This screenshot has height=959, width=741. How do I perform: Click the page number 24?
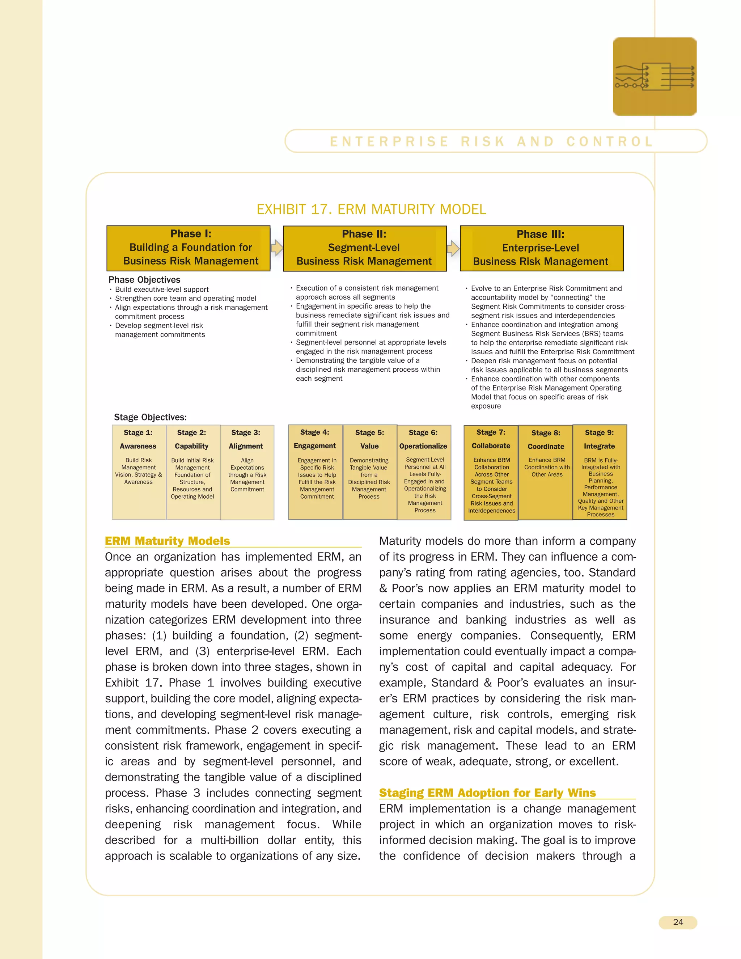677,922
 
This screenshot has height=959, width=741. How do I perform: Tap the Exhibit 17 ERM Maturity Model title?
371,210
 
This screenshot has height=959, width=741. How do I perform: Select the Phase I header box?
188,248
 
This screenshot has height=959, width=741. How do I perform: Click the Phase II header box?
364,249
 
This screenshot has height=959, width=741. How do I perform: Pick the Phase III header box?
541,249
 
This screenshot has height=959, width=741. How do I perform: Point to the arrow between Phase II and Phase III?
453,249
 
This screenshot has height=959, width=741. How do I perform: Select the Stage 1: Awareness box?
139,472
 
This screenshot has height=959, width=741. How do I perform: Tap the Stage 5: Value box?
370,472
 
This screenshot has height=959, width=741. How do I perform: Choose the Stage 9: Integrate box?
600,472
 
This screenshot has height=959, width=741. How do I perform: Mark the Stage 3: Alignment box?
247,472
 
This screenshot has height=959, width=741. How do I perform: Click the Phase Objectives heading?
144,280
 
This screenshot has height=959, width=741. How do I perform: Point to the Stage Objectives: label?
150,417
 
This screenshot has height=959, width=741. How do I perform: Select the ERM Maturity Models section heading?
167,541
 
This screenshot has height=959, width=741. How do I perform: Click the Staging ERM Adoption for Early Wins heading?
487,793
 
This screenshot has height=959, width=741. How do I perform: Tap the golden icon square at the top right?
654,77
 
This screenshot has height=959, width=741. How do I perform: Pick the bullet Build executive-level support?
161,290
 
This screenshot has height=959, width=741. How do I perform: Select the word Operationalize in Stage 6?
423,446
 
